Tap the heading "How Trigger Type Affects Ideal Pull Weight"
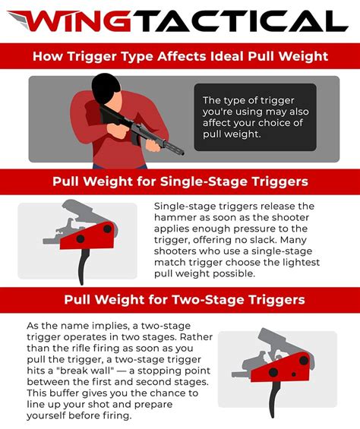pos(179,56)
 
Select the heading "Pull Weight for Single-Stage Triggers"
pos(179,181)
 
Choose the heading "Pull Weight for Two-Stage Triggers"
pos(179,299)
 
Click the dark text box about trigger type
pos(255,117)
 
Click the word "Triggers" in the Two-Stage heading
pos(275,299)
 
